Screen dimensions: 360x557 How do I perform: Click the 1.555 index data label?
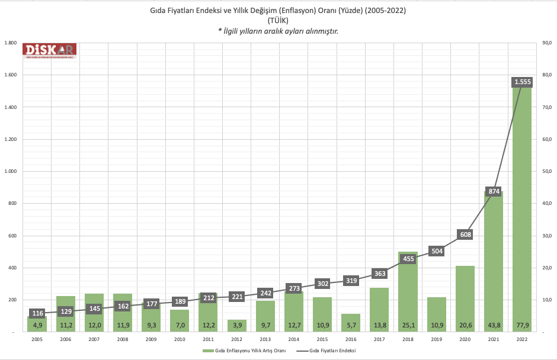pos(522,82)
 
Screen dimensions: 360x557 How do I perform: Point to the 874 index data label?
pos(494,191)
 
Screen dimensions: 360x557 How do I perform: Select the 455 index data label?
pos(408,259)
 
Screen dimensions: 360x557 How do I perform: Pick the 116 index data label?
pos(37,313)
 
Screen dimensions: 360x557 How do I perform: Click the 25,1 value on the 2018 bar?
pos(408,325)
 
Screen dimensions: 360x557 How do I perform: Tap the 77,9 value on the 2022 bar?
pos(522,325)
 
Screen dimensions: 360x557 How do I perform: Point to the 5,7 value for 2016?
pos(351,325)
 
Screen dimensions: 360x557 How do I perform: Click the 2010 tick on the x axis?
pos(180,339)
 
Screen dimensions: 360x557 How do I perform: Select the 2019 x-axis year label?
pos(437,339)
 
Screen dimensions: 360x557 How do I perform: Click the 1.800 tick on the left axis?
pos(10,43)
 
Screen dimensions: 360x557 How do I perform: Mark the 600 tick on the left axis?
pos(12,236)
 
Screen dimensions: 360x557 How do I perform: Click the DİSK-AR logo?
pos(50,52)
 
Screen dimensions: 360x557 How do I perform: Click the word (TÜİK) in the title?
pos(278,21)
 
